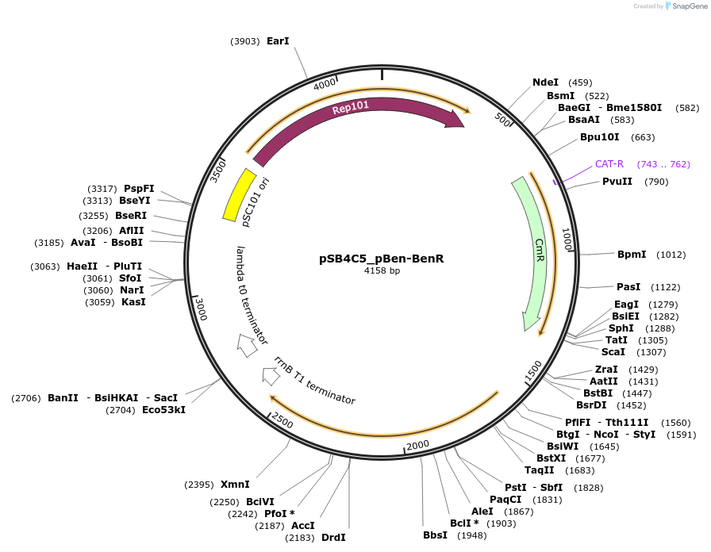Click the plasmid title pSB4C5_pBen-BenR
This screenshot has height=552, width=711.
pos(381,259)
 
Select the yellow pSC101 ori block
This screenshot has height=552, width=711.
pos(239,194)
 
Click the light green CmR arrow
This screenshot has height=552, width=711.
pos(534,254)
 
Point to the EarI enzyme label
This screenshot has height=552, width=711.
pos(278,41)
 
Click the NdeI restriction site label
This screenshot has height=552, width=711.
pos(545,82)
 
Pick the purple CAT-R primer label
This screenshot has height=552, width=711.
pos(609,164)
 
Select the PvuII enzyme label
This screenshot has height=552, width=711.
pos(617,182)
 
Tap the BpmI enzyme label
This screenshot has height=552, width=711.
pos(632,255)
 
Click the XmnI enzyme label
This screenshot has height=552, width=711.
pos(235,485)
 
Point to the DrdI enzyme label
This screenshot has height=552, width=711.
pos(333,538)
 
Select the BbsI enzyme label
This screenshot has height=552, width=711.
pos(435,535)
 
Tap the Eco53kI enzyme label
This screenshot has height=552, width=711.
pos(163,410)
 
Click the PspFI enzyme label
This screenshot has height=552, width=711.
pos(139,189)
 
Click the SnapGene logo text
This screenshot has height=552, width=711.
pos(685,6)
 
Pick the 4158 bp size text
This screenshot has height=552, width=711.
pos(382,271)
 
